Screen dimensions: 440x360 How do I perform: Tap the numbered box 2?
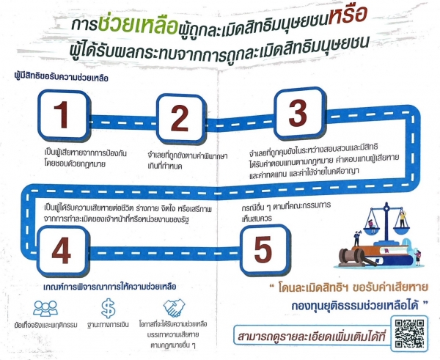click(x=180, y=119)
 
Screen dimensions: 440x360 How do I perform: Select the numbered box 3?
click(x=299, y=114)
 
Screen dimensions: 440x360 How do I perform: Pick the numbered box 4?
click(x=63, y=251)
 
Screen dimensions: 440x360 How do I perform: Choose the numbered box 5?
click(x=265, y=249)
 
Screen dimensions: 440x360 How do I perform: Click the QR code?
click(x=409, y=334)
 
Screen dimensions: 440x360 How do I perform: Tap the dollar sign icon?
click(x=108, y=309)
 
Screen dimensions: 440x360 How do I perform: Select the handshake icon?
click(x=174, y=308)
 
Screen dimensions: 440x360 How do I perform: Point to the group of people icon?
click(x=45, y=309)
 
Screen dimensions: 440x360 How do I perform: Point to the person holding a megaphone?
click(x=356, y=238)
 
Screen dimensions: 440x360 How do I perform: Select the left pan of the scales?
click(x=372, y=230)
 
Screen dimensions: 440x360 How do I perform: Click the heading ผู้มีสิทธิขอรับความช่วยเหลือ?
click(x=61, y=77)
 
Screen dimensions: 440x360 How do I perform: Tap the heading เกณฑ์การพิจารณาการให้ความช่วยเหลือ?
click(x=110, y=287)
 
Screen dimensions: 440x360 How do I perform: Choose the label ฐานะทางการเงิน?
click(x=108, y=325)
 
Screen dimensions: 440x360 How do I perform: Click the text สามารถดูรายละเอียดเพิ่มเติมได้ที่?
click(x=312, y=336)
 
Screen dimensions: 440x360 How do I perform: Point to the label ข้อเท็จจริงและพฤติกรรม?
click(x=45, y=325)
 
